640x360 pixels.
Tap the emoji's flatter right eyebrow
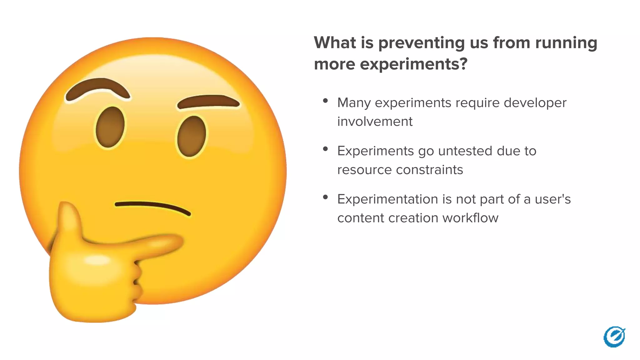point(209,102)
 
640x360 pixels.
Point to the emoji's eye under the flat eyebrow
point(192,136)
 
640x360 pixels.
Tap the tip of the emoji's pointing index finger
point(178,242)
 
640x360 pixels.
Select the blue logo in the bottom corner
point(614,337)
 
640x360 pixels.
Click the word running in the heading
point(566,43)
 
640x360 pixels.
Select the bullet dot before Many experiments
point(325,101)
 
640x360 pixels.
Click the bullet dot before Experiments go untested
point(325,149)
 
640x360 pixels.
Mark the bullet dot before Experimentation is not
point(325,197)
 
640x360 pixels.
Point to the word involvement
point(375,122)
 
